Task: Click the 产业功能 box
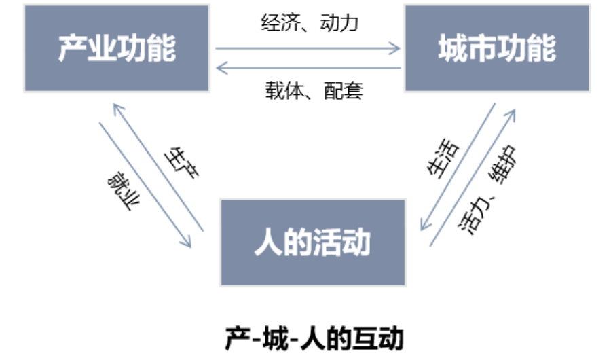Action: click(117, 48)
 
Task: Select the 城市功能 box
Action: click(497, 48)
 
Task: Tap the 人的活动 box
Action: click(313, 242)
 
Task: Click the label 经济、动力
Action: click(310, 22)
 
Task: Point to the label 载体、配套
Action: click(314, 90)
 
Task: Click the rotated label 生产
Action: click(181, 163)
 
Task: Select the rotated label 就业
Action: click(124, 191)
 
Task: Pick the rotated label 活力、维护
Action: click(487, 190)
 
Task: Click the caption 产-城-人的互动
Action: click(314, 338)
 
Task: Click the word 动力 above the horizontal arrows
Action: click(339, 22)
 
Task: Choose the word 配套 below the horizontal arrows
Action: click(344, 90)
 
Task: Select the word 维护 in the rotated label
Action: click(502, 164)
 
